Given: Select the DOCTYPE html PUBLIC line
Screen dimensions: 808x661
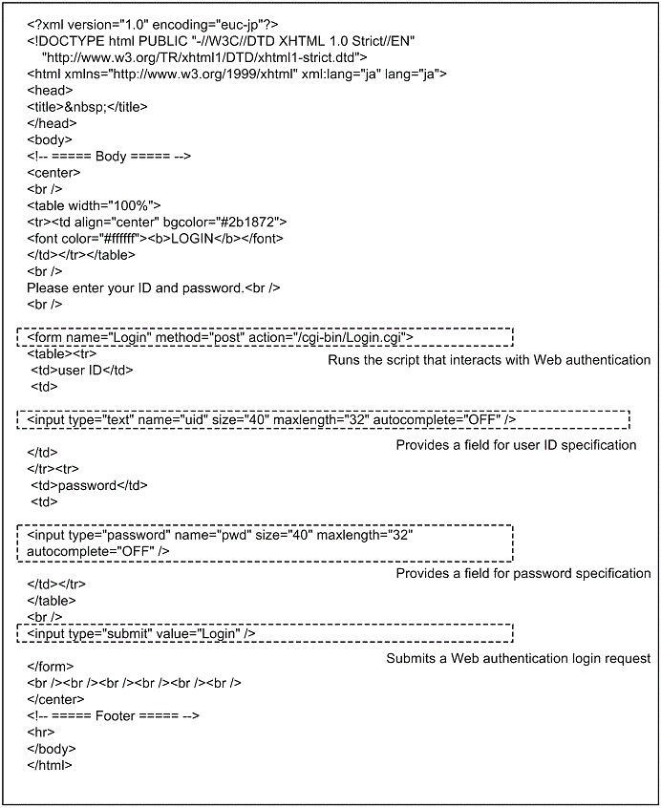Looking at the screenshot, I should (x=220, y=40).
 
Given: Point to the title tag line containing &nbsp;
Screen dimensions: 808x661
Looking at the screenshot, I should (x=87, y=106).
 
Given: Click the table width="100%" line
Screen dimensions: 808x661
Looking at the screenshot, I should (x=94, y=205).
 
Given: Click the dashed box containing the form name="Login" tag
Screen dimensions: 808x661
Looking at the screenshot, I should (x=265, y=336).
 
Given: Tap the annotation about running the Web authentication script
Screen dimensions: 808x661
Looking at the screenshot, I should (x=489, y=360).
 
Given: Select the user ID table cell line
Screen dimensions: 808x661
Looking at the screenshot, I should (x=82, y=371).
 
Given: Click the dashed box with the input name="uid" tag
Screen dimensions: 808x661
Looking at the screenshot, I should (x=323, y=419).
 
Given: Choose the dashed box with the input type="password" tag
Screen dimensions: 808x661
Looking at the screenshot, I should (x=265, y=542).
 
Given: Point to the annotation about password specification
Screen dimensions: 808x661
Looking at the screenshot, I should (x=523, y=573).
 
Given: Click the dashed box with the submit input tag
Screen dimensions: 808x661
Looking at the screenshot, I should (x=265, y=633).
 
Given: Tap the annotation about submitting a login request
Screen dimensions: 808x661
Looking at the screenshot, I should (x=518, y=658).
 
